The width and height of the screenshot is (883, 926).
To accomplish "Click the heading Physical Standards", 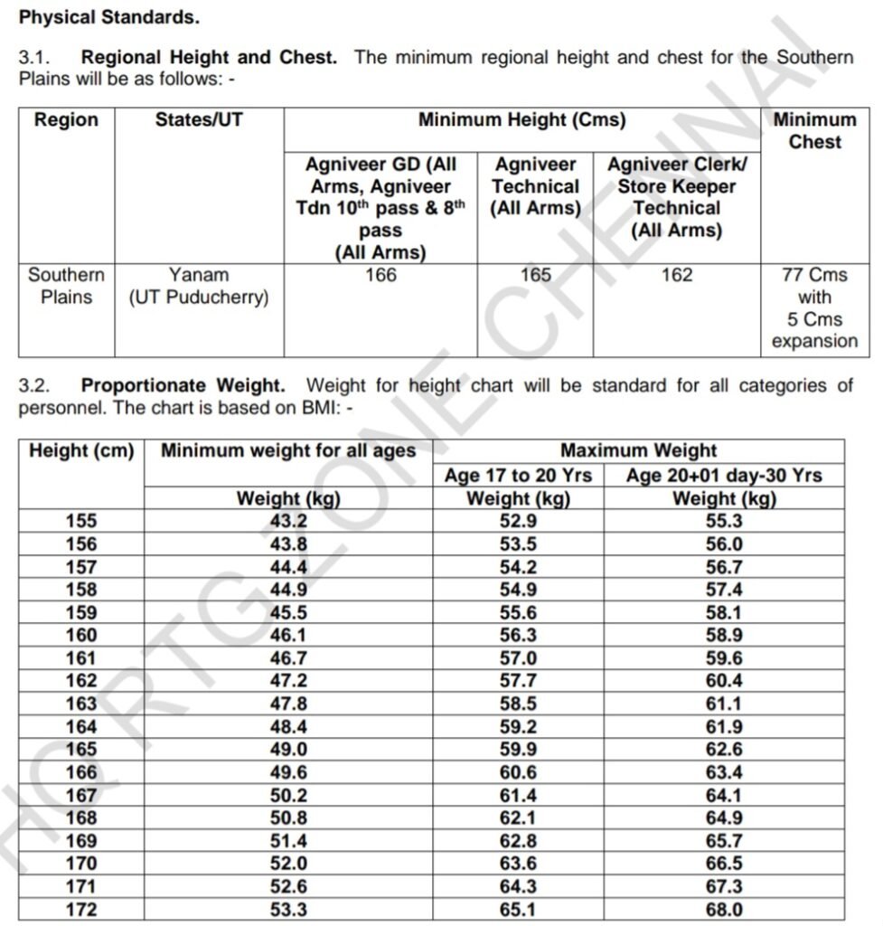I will [109, 16].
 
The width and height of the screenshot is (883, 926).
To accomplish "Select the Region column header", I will [66, 120].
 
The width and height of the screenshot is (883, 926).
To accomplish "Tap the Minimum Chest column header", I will [814, 131].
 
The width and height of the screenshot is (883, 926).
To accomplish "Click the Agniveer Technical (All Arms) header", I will [535, 186].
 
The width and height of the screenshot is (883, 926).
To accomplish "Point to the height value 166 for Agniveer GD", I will [380, 275].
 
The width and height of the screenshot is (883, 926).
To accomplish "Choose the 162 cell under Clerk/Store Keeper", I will [677, 275].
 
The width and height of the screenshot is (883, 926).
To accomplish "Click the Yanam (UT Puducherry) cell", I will [199, 286].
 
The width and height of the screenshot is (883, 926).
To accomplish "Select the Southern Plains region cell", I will [66, 286].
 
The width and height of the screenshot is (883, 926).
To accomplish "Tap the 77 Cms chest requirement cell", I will [814, 307].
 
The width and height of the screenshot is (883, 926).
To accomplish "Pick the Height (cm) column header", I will [81, 450].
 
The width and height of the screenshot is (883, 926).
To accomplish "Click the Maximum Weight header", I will [638, 450].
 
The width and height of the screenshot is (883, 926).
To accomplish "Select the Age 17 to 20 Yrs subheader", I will [518, 475].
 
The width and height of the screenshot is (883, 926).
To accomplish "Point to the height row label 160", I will [81, 636].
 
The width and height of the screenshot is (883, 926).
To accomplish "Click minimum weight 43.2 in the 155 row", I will [288, 521].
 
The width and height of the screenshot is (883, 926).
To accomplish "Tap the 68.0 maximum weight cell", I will [724, 910].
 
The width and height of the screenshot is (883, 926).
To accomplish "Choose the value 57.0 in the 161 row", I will [518, 659].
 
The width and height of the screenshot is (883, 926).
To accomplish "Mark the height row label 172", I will [81, 910].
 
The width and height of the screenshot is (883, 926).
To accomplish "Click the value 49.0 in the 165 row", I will [288, 751].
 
